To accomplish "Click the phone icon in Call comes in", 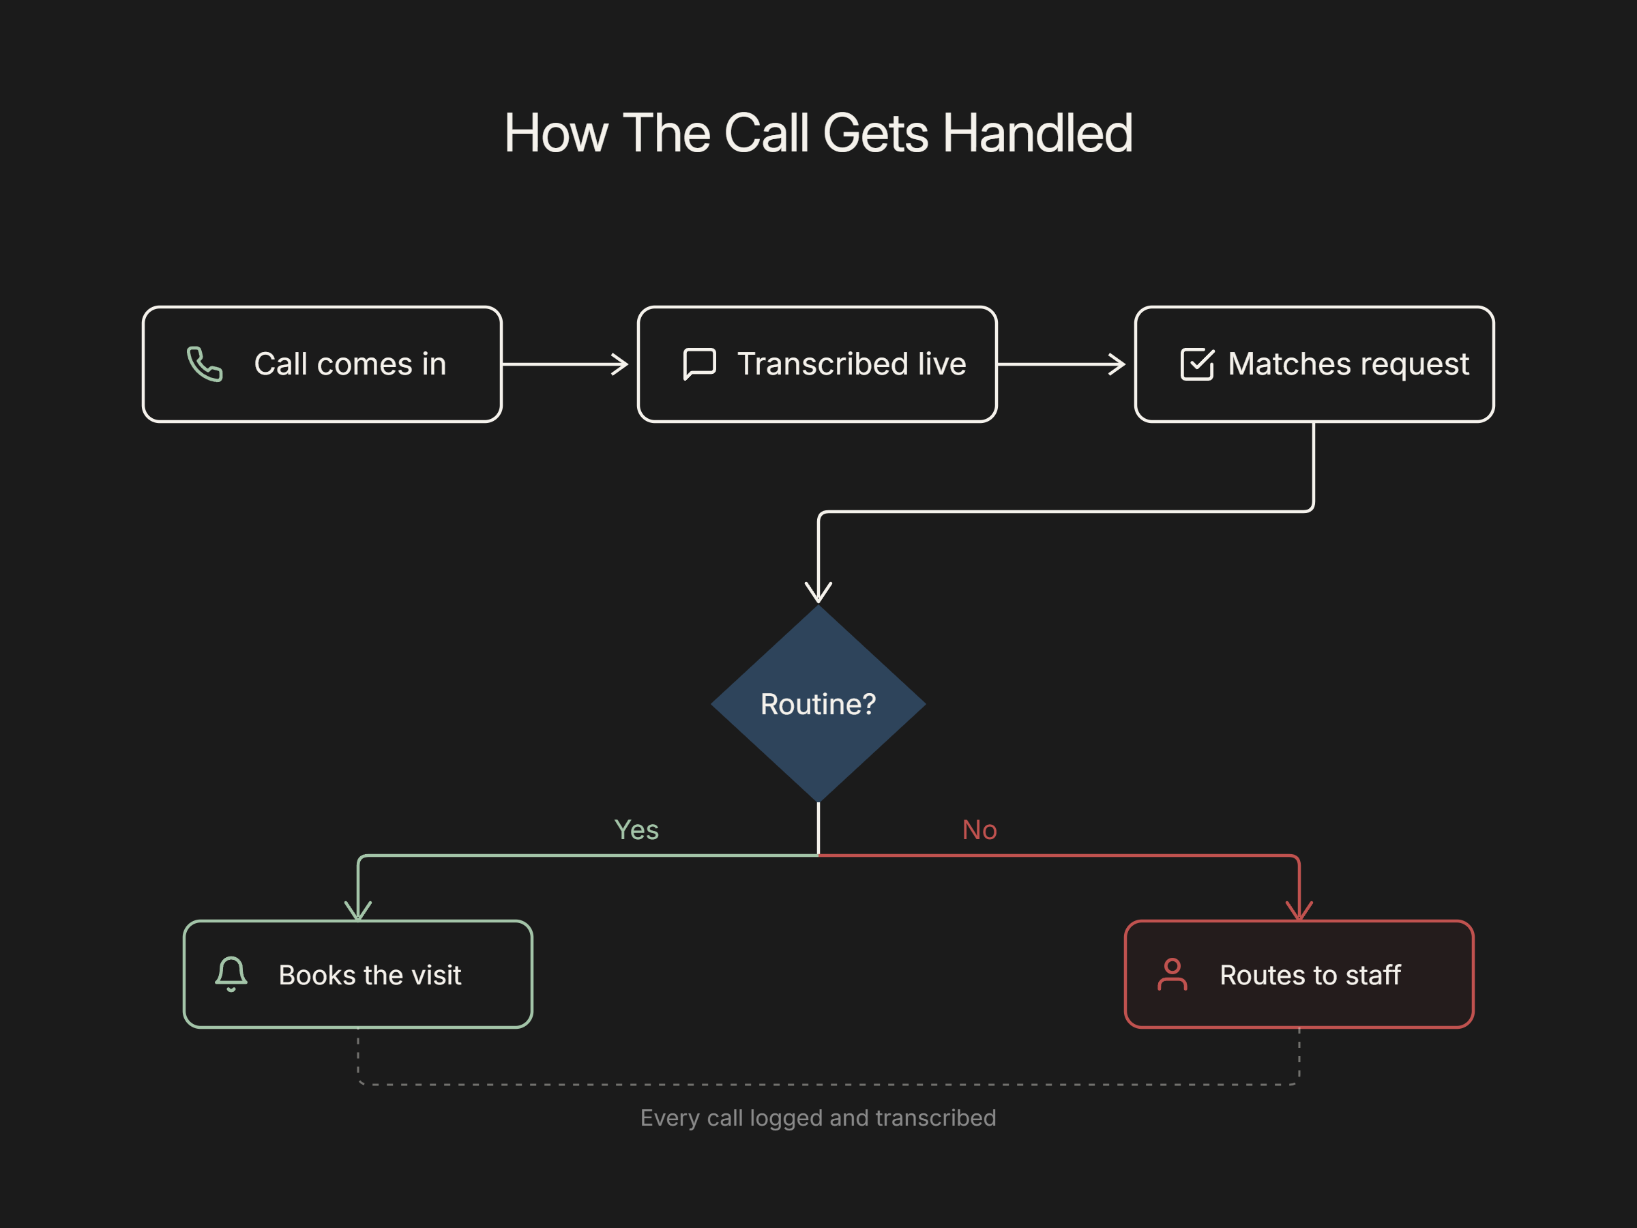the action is (x=204, y=364).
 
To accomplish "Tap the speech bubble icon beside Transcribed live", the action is (x=699, y=364).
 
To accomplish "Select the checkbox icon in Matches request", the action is (x=1196, y=364).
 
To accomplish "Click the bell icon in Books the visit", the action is (x=231, y=974).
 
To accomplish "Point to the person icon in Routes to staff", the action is (x=1173, y=974).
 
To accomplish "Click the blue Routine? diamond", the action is (x=818, y=704).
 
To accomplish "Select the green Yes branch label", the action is (x=636, y=830).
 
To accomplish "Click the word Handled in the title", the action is (x=1037, y=133).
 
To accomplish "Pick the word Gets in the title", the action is (x=876, y=134).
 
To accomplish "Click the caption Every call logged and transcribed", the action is (x=818, y=1117).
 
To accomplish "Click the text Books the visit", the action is (x=370, y=975).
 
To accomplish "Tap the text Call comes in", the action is (x=350, y=364).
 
